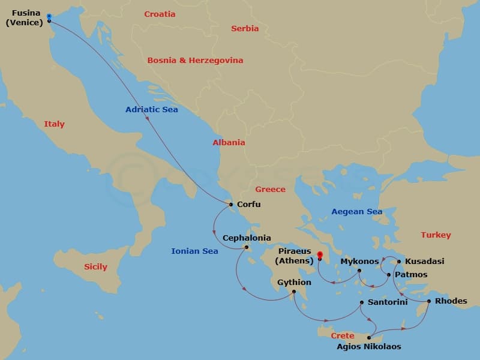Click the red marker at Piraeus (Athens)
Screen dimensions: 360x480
[x=319, y=254]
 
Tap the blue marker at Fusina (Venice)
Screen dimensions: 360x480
[x=49, y=16]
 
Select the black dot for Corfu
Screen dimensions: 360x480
[x=231, y=205]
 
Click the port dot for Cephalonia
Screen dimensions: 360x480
[x=246, y=247]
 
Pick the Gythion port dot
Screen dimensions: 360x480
[x=293, y=292]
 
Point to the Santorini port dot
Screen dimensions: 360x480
[x=361, y=302]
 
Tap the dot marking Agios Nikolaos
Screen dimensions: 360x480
[x=369, y=338]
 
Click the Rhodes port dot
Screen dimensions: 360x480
[x=428, y=301]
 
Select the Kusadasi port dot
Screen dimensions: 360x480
[x=399, y=262]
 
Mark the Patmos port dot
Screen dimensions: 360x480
[x=389, y=275]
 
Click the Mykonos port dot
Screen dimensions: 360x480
[x=359, y=271]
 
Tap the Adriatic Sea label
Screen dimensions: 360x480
[x=151, y=110]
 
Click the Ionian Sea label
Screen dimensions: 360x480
[x=194, y=251]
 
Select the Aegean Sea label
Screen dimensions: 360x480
[x=357, y=212]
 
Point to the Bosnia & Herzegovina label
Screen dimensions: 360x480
[x=195, y=61]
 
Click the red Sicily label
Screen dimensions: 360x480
[x=95, y=267]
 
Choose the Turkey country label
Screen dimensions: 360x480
[x=436, y=235]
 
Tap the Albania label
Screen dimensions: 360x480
[x=229, y=143]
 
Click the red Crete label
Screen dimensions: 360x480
[x=342, y=336]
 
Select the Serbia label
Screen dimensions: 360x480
[x=245, y=29]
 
